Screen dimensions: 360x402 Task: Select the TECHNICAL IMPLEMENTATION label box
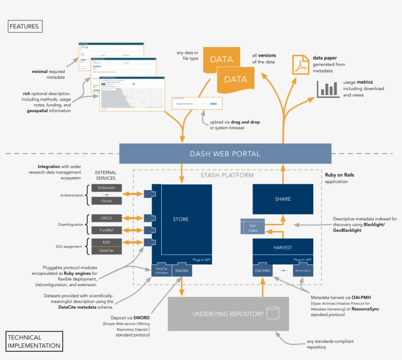click(x=34, y=341)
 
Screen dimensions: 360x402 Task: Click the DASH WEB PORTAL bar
click(x=225, y=154)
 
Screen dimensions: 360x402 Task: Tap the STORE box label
click(x=180, y=219)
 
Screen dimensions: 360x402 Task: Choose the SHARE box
click(x=282, y=199)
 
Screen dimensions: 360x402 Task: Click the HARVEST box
click(x=282, y=247)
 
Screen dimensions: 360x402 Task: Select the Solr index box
click(x=252, y=227)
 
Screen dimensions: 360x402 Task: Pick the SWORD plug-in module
click(x=181, y=270)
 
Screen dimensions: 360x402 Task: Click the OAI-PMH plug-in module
click(x=262, y=270)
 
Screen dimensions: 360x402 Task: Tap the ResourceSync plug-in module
click(x=303, y=270)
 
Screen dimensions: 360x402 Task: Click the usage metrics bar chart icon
click(x=327, y=89)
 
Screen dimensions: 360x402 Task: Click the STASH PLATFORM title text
click(x=227, y=175)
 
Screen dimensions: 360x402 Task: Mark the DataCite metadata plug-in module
click(x=161, y=270)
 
